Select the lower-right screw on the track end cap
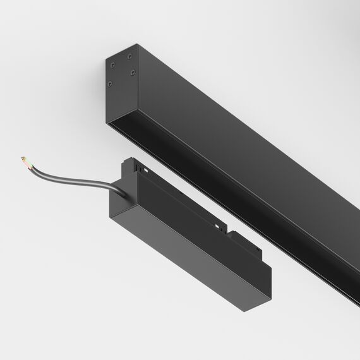(133, 73)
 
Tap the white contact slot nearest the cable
(145, 171)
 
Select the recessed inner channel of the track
(240, 189)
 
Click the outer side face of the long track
(253, 139)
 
